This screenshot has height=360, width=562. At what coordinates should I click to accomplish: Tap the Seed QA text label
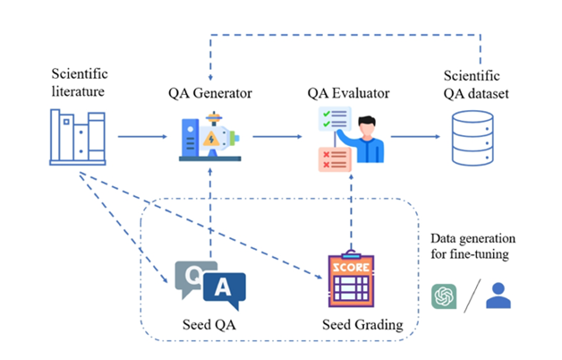point(209,323)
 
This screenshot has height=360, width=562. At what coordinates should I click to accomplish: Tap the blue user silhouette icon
point(498,295)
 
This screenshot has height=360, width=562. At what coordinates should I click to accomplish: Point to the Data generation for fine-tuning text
point(473,246)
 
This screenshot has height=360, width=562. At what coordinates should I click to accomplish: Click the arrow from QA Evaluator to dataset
point(415,137)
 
